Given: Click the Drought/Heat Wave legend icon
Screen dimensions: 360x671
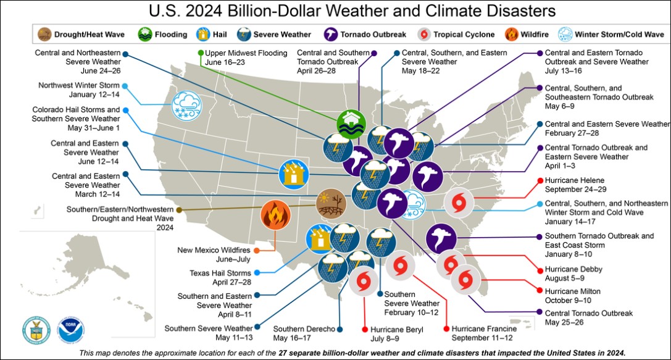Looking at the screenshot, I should coord(44,34).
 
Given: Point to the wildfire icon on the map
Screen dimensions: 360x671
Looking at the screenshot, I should coord(276,216).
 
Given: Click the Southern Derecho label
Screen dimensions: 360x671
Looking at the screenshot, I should coord(303,334).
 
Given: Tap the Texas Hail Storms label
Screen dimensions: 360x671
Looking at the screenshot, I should coord(220,277).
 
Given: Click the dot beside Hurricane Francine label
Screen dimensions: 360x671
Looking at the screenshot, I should coord(445,330).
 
